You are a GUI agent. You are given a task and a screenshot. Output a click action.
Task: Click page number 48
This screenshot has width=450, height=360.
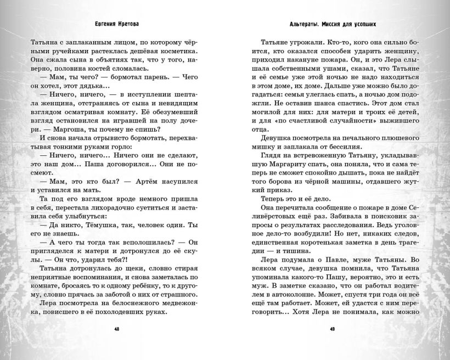pyautogui.click(x=116, y=329)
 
